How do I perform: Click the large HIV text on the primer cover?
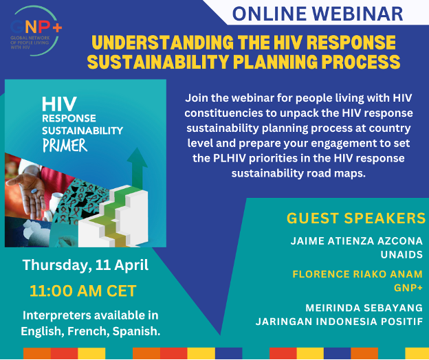[58, 103]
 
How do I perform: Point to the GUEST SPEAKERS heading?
[355, 218]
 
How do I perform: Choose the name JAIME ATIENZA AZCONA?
[357, 241]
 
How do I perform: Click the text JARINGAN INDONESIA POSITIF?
[339, 321]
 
